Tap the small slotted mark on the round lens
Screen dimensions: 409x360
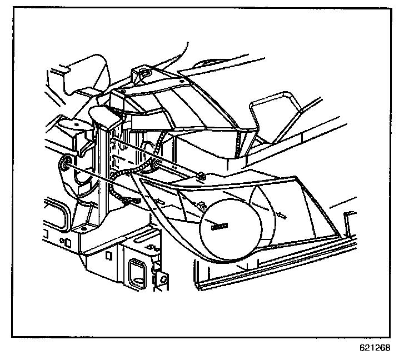[x=220, y=226]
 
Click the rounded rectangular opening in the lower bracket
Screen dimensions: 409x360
[x=135, y=269]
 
